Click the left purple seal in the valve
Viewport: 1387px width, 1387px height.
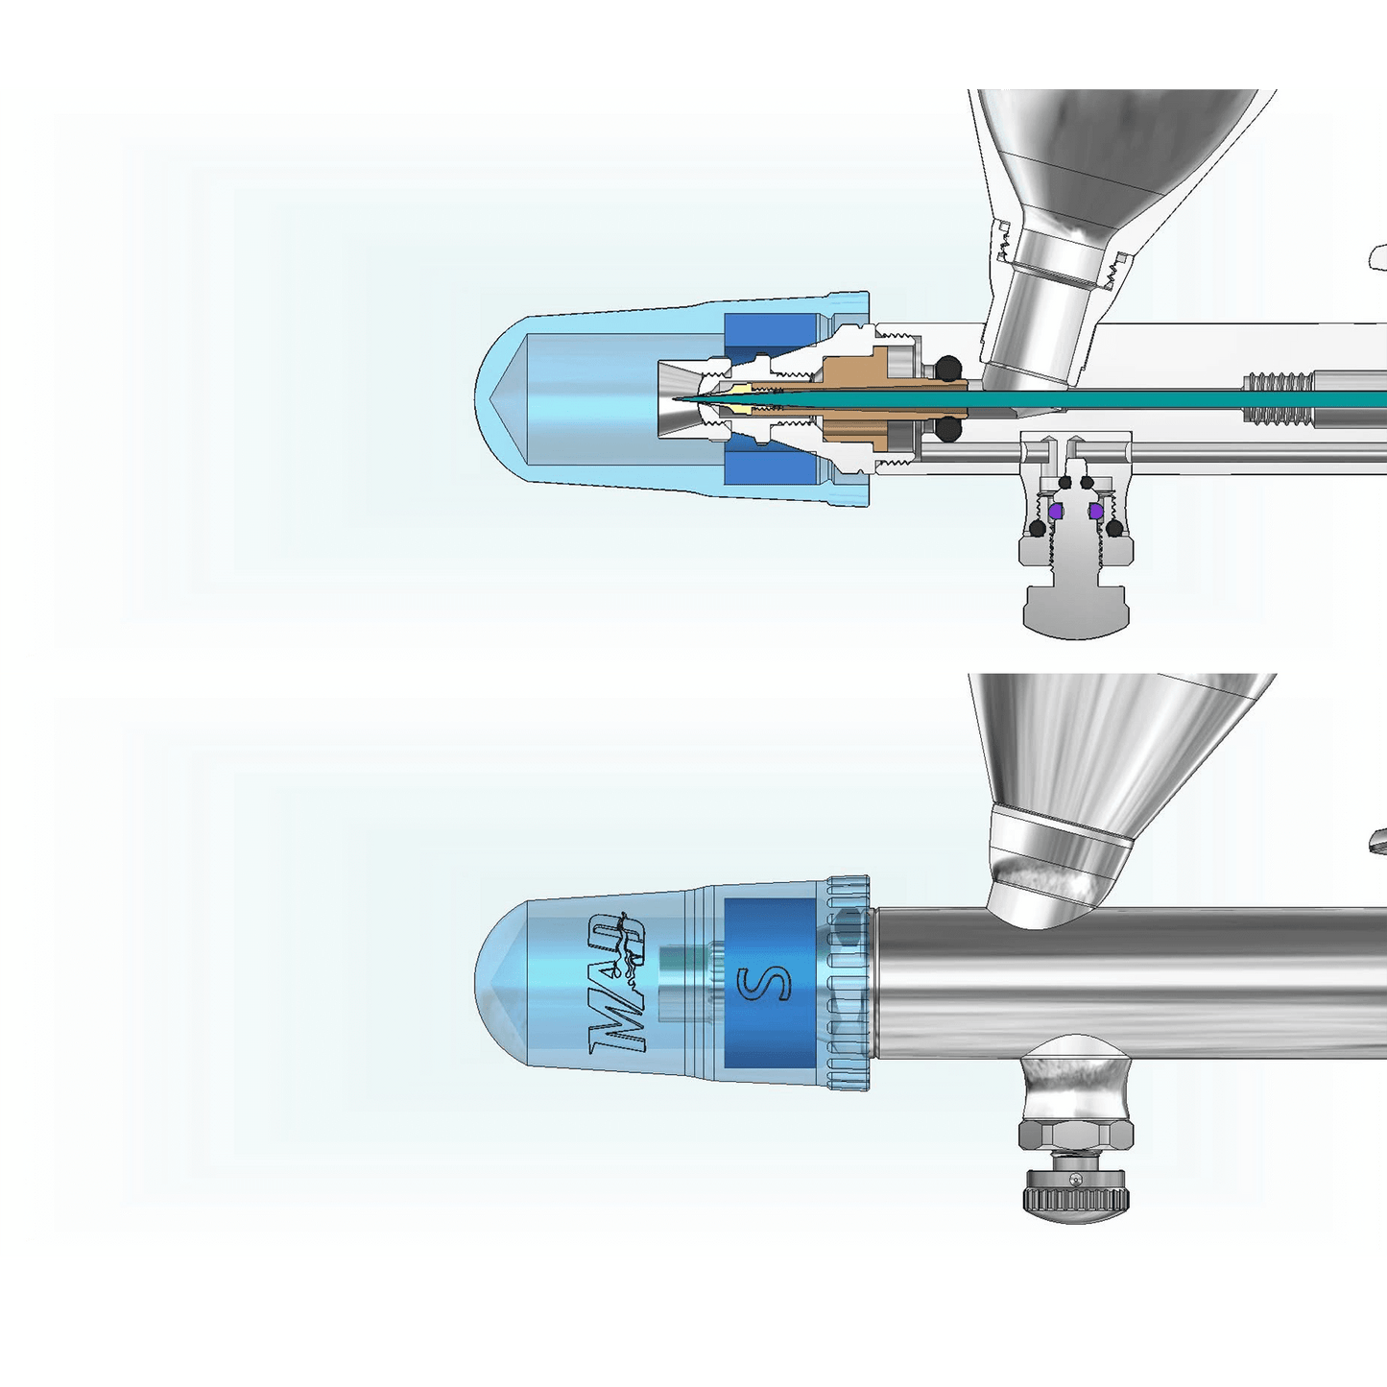(x=1055, y=513)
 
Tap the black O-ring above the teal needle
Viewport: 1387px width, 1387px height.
(x=948, y=367)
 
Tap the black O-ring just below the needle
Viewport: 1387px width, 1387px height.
(x=948, y=429)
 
